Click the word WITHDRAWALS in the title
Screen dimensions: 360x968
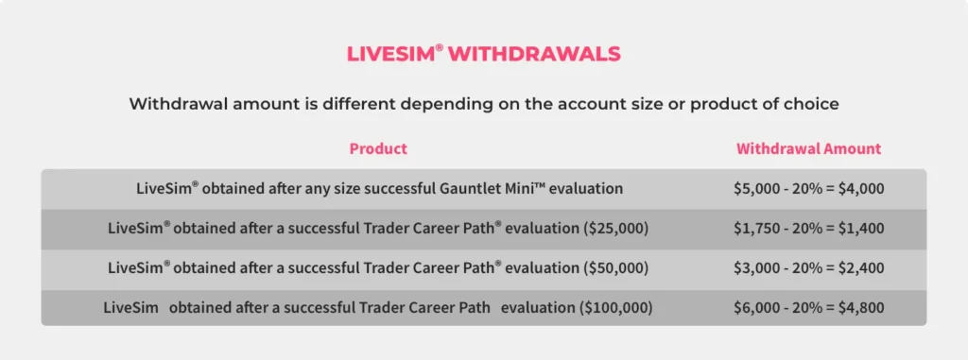(x=534, y=54)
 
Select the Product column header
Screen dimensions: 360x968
(x=378, y=148)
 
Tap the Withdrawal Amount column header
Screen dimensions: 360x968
(x=808, y=148)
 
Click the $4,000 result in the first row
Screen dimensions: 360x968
(x=860, y=188)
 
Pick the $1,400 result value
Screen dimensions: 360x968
(x=860, y=228)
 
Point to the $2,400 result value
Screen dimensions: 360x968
(x=860, y=267)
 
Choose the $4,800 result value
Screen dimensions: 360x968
(x=860, y=307)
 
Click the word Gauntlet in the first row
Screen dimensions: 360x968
(x=470, y=188)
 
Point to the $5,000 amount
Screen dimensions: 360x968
(x=757, y=188)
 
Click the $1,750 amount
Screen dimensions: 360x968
(x=757, y=228)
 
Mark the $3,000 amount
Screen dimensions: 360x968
(x=757, y=267)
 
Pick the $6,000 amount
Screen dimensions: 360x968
(x=757, y=307)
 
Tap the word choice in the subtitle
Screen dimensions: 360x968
(x=811, y=104)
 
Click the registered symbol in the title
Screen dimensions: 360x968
(x=439, y=46)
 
